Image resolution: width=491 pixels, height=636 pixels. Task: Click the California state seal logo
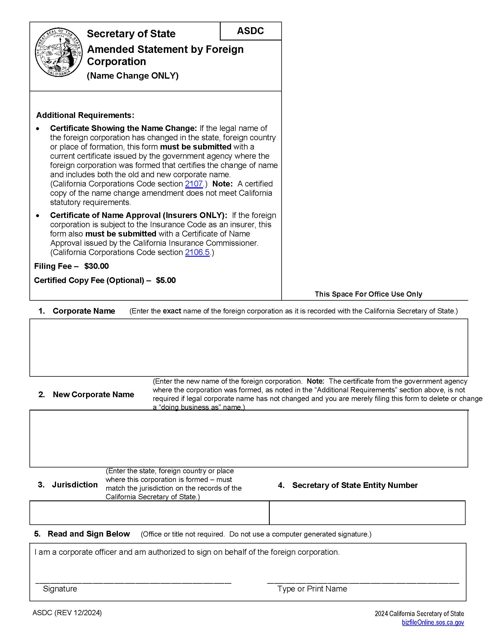(x=59, y=53)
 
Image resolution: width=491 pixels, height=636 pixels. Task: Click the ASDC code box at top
(x=250, y=31)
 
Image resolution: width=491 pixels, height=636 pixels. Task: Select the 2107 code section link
(x=194, y=184)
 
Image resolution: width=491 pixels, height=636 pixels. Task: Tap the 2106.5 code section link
(x=197, y=252)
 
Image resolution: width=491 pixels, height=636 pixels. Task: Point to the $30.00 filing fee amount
(x=96, y=266)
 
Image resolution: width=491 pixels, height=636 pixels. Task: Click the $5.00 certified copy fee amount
(x=166, y=280)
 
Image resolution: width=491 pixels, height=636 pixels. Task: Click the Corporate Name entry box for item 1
(x=249, y=347)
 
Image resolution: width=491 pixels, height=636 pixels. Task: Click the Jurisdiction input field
(x=149, y=513)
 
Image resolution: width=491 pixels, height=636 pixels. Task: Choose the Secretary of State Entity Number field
(x=367, y=513)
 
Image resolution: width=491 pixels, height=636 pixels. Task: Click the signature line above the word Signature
(x=133, y=582)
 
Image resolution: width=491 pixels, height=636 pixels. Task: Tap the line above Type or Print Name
(x=363, y=582)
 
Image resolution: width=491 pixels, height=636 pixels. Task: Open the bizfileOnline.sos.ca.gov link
(x=433, y=623)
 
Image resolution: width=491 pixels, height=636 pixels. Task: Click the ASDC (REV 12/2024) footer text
(x=67, y=613)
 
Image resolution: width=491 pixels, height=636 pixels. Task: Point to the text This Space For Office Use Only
(x=368, y=294)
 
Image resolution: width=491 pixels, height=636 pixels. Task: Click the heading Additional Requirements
(x=85, y=115)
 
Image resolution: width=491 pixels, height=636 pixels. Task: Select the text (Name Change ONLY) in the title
(x=133, y=76)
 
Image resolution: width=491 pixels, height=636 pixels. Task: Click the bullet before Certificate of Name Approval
(x=38, y=216)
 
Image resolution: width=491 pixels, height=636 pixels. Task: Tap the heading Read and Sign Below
(x=89, y=534)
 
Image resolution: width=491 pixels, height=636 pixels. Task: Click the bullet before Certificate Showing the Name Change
(x=38, y=129)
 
